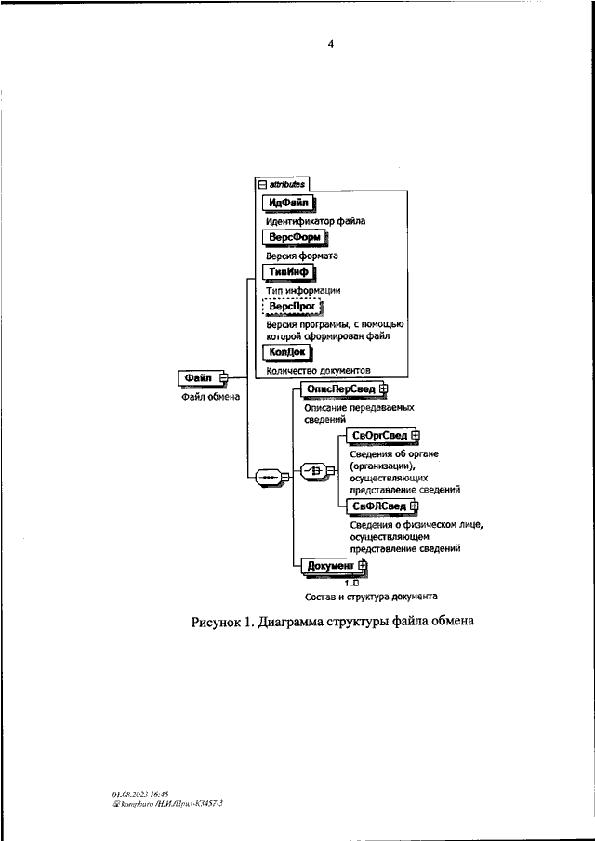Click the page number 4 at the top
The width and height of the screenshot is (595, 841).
330,44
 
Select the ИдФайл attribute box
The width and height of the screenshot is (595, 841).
288,203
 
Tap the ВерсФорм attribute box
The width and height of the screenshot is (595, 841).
295,237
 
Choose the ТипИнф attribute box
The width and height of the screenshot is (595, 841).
288,272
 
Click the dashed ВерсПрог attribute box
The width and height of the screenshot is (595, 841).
292,307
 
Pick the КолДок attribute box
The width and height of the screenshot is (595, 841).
287,352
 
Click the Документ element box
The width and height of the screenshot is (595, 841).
334,566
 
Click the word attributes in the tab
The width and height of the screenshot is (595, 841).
287,184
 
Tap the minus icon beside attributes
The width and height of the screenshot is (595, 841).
262,185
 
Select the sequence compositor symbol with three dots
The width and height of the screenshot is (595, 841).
270,477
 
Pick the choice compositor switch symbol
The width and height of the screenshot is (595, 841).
314,471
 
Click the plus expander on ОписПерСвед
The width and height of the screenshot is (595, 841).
382,388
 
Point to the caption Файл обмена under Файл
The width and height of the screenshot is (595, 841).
210,397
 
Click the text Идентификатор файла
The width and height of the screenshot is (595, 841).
315,221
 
